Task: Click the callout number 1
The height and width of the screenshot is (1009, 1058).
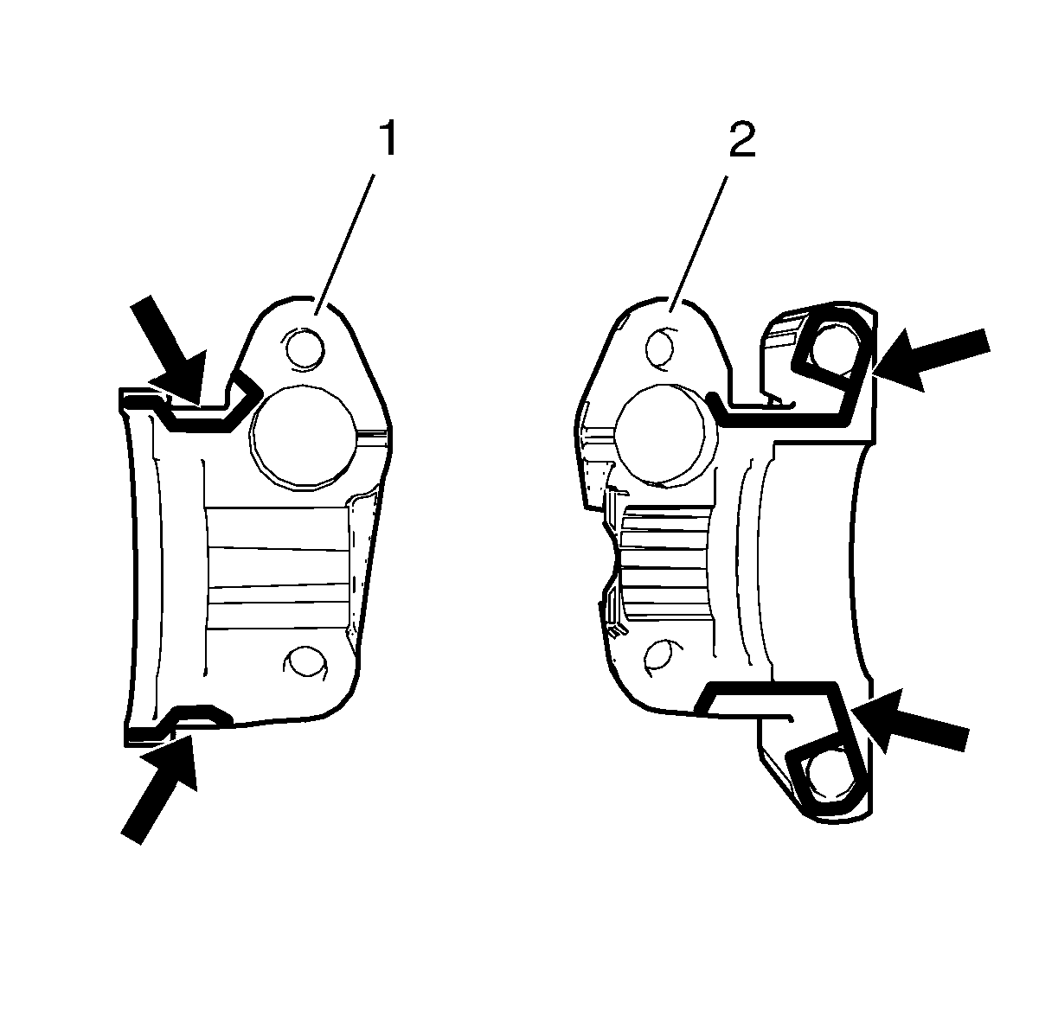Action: tap(389, 138)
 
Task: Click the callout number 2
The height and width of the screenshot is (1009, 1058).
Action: tap(742, 138)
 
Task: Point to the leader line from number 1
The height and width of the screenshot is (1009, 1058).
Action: tap(345, 244)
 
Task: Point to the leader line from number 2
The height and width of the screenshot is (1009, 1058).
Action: tap(698, 244)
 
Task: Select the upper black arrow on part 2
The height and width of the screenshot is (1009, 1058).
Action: tap(930, 358)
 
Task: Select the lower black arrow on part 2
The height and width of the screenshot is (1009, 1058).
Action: tap(909, 722)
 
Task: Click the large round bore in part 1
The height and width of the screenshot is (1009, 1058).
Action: tap(305, 437)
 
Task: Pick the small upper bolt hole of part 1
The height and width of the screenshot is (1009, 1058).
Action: tap(305, 349)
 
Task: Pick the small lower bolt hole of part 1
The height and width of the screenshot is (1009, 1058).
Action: tap(305, 661)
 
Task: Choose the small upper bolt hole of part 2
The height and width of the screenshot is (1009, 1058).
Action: tap(661, 348)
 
